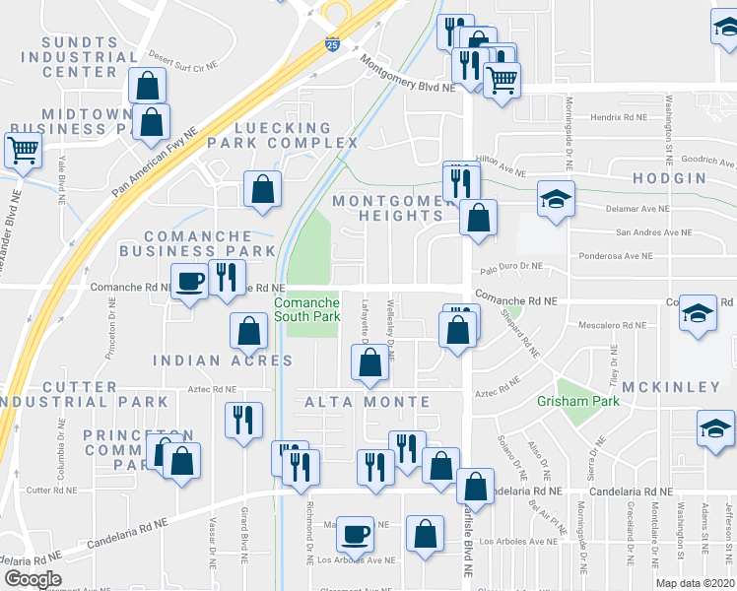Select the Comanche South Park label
(307, 309)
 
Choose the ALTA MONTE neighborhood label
(368, 402)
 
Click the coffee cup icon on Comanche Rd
(189, 280)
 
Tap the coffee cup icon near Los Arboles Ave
(355, 533)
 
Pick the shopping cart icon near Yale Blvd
(23, 150)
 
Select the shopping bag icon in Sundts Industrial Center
(147, 85)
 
